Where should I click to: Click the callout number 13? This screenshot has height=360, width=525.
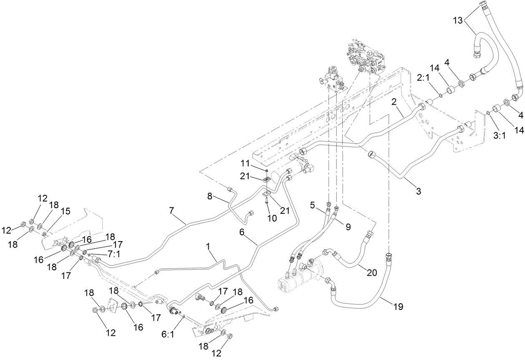pyautogui.click(x=458, y=20)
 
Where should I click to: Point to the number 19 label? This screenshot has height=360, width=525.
pyautogui.click(x=398, y=307)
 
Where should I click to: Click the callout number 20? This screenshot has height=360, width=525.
pyautogui.click(x=371, y=273)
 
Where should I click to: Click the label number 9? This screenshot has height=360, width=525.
pyautogui.click(x=347, y=227)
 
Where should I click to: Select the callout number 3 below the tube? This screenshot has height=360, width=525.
pyautogui.click(x=418, y=191)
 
